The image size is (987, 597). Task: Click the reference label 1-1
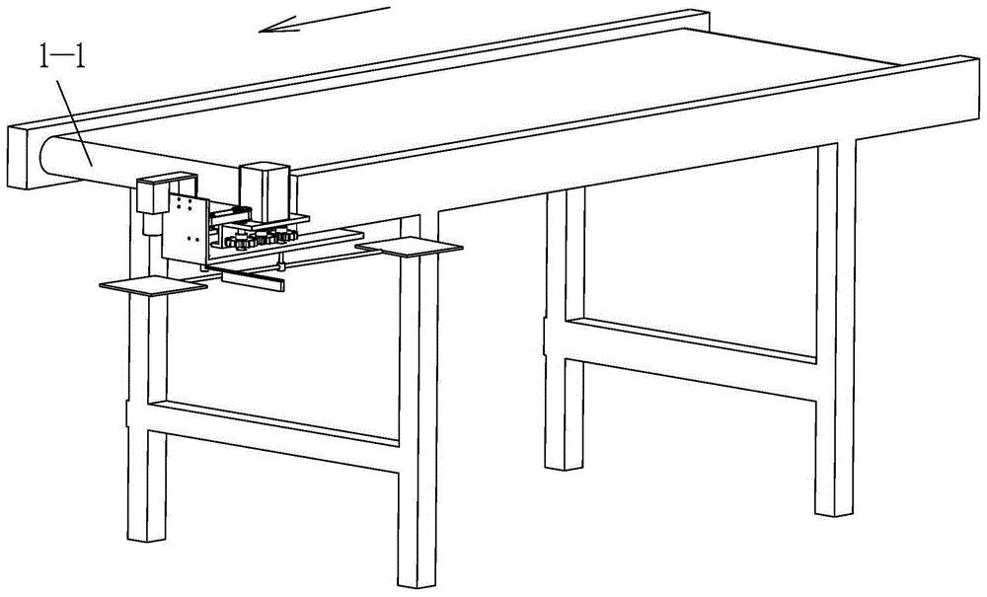pyautogui.click(x=61, y=58)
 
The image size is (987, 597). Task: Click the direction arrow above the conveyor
pyautogui.click(x=325, y=19)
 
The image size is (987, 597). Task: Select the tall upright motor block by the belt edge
pyautogui.click(x=265, y=192)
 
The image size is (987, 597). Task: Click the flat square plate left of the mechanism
pyautogui.click(x=154, y=285)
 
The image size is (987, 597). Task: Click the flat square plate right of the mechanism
pyautogui.click(x=410, y=248)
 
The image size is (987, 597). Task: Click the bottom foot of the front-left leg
pyautogui.click(x=146, y=535)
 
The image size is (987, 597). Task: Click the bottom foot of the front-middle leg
pyautogui.click(x=417, y=580)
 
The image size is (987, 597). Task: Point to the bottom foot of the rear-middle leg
pyautogui.click(x=564, y=463)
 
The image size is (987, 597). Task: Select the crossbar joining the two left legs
pyautogui.click(x=273, y=435)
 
